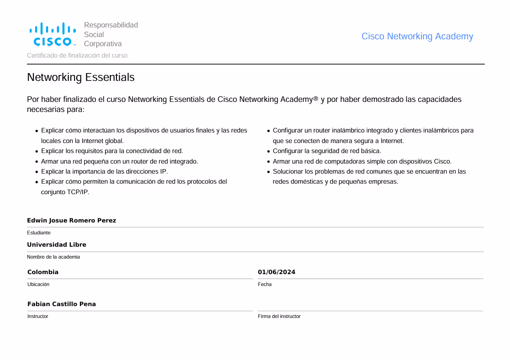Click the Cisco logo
click(x=53, y=35)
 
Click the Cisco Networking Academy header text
click(x=417, y=37)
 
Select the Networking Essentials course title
click(x=81, y=77)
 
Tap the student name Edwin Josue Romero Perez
click(x=71, y=220)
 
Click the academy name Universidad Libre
click(x=57, y=244)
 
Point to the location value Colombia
click(x=43, y=272)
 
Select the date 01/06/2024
click(x=276, y=272)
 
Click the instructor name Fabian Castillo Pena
click(x=62, y=304)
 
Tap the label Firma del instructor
click(x=279, y=316)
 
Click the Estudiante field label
click(x=39, y=233)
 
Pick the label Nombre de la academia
click(x=53, y=257)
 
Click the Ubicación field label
click(x=38, y=284)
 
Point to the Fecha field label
click(x=264, y=284)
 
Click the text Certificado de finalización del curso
click(x=77, y=55)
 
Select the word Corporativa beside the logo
click(x=103, y=44)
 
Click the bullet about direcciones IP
click(x=105, y=171)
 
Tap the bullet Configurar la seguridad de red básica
click(x=327, y=151)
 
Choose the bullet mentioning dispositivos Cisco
click(x=362, y=161)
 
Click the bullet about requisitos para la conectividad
click(x=112, y=151)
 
